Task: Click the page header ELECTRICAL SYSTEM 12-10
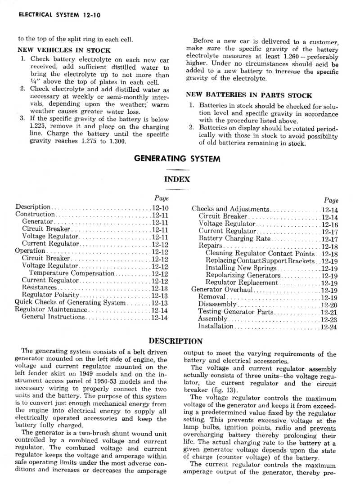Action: pos(60,15)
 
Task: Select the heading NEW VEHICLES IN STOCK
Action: pos(64,50)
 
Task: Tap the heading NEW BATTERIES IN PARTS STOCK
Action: pos(249,95)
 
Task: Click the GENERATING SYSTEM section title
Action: pos(177,158)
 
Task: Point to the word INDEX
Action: pos(177,179)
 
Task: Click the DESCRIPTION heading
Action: pos(175,341)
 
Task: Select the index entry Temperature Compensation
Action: pos(72,273)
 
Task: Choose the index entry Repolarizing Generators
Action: pos(243,275)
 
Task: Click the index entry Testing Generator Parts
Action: pos(235,312)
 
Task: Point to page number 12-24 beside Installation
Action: pos(328,327)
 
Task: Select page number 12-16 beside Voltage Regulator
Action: pos(329,224)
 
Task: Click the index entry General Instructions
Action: pos(53,317)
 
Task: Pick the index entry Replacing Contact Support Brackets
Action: pos(260,261)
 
